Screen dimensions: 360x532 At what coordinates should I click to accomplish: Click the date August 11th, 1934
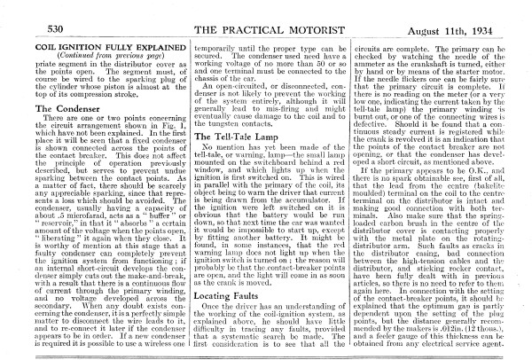click(x=478, y=30)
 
